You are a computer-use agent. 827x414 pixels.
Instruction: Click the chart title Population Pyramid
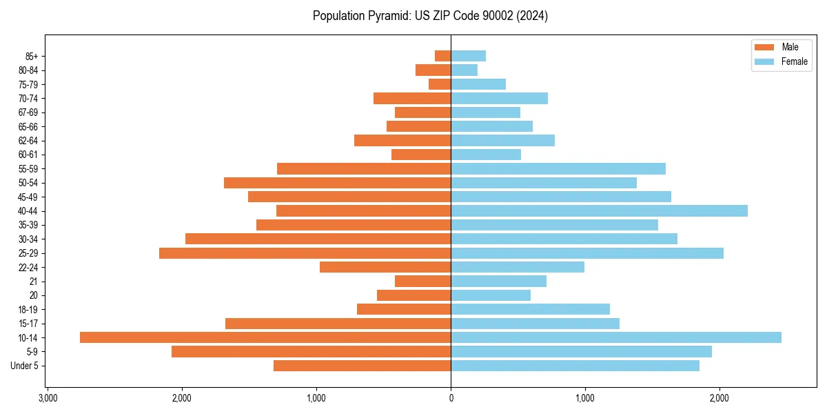(430, 16)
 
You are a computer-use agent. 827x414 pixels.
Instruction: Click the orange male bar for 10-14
(265, 337)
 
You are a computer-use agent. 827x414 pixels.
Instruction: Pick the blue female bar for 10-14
(616, 337)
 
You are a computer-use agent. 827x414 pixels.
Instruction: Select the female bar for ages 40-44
(599, 210)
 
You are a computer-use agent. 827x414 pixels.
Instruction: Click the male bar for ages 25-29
(305, 253)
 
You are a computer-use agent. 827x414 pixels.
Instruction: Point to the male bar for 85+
(443, 56)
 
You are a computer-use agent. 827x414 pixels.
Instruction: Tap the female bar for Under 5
(575, 366)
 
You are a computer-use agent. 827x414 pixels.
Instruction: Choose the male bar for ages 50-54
(338, 183)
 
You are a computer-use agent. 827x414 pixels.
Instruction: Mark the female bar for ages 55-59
(558, 168)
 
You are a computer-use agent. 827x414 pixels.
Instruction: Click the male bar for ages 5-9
(312, 352)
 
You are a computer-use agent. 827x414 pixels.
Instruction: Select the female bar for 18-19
(530, 309)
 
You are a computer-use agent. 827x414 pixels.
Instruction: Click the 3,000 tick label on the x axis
(48, 399)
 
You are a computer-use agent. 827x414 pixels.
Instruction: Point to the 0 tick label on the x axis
(451, 399)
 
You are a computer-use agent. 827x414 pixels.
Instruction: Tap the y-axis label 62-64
(27, 140)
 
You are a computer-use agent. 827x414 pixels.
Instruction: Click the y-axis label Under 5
(24, 366)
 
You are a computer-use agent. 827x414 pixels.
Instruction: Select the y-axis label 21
(33, 282)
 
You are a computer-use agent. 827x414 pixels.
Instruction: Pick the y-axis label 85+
(30, 56)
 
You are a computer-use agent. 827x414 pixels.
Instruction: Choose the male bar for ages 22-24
(385, 267)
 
